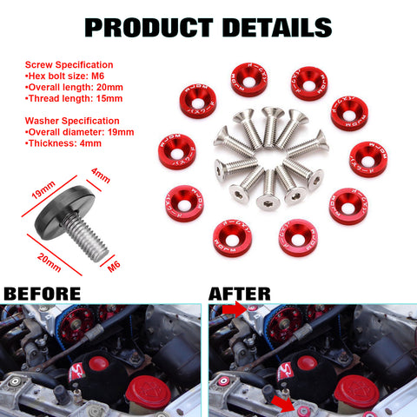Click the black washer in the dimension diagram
tap(61, 208)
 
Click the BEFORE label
tap(43, 293)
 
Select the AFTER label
tap(240, 293)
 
